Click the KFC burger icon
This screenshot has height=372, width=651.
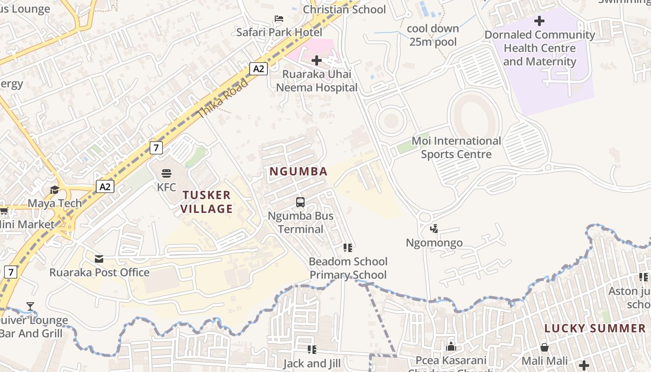[x=166, y=174]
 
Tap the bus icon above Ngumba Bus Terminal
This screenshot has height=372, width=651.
[x=300, y=202]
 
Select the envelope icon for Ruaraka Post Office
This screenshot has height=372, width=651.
[x=99, y=259]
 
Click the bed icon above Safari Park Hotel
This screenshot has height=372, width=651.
[x=279, y=19]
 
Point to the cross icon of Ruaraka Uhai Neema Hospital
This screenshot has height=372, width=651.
[x=317, y=60]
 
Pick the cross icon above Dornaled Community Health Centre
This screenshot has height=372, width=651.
[x=539, y=21]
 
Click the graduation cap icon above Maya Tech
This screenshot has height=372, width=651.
[x=54, y=190]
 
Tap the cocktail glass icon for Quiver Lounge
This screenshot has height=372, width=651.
[x=30, y=306]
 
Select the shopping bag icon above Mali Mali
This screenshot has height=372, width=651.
[x=545, y=347]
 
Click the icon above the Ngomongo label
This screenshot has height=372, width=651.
[x=434, y=229]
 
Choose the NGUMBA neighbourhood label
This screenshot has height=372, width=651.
[x=299, y=171]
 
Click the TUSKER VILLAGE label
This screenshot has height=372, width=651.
[x=206, y=202]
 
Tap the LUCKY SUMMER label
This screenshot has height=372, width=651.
[x=595, y=328]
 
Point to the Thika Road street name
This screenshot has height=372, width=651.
[x=223, y=98]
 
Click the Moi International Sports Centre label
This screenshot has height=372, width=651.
[x=456, y=147]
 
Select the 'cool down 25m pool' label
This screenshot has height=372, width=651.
[x=433, y=35]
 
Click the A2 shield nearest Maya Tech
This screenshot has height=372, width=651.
[x=105, y=186]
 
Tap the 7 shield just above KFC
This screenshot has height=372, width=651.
[x=156, y=148]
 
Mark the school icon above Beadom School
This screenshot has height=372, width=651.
[x=348, y=248]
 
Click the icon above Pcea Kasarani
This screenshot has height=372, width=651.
[x=451, y=347]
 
